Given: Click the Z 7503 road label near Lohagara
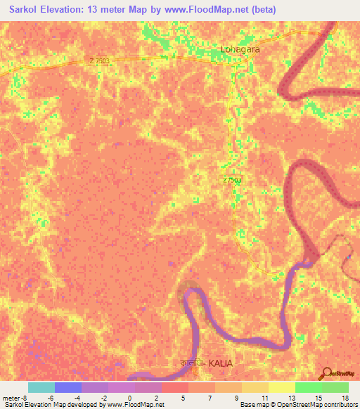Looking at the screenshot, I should click(x=100, y=61).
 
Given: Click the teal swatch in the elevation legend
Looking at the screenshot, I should click(x=41, y=387).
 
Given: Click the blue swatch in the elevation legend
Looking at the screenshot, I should click(x=68, y=387).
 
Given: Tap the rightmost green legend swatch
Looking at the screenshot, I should click(x=335, y=387).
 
